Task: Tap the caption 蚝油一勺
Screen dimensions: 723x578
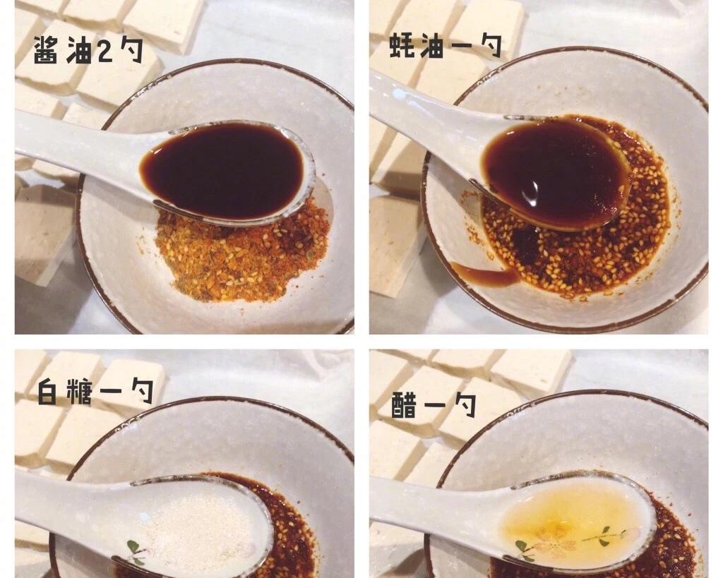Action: (x=446, y=46)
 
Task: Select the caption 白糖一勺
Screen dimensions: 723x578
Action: (x=95, y=392)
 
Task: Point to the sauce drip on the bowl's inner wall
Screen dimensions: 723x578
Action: (x=484, y=275)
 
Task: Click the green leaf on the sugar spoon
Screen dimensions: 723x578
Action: (x=133, y=547)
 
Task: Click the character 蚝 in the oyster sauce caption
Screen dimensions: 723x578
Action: (x=402, y=46)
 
